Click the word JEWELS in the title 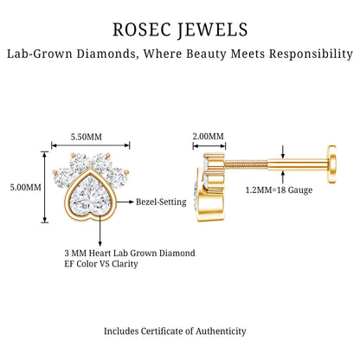(213, 30)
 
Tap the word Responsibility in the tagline (311, 54)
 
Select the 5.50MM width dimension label (87, 137)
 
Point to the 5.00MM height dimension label (26, 187)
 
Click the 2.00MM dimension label (209, 136)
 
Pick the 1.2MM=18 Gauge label (279, 190)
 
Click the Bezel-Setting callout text (161, 202)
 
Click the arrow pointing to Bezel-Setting (125, 202)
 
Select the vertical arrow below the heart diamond (100, 231)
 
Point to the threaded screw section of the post (246, 164)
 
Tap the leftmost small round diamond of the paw (64, 177)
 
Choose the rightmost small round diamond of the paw (118, 177)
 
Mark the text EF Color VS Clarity (101, 264)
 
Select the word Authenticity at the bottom (221, 331)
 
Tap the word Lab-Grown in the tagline (40, 54)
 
